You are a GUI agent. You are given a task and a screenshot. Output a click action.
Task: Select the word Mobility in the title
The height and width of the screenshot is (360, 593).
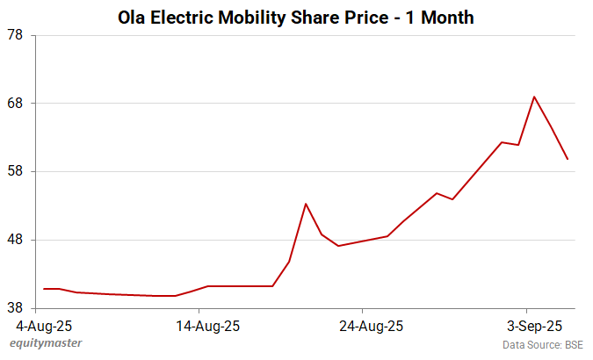click(259, 18)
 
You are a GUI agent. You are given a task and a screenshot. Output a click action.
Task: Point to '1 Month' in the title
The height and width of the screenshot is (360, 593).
click(436, 18)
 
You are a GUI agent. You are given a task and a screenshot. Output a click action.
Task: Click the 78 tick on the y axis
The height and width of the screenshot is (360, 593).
click(15, 35)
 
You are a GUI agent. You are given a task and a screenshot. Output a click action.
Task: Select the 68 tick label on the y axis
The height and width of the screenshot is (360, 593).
click(15, 104)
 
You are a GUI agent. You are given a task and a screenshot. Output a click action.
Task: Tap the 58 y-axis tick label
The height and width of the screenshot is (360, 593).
click(15, 171)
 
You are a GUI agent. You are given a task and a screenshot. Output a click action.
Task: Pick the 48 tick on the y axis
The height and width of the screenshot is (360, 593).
click(15, 240)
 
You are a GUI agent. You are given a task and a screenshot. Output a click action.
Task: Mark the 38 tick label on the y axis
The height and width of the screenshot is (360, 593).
click(15, 308)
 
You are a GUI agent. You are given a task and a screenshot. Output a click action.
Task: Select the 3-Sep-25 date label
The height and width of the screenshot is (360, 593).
click(527, 326)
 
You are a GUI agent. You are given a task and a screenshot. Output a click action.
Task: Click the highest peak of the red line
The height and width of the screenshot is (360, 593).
click(534, 97)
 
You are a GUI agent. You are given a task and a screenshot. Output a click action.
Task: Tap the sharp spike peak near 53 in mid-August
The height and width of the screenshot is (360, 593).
click(305, 204)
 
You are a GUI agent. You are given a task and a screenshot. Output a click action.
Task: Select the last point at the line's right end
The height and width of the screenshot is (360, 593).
click(568, 159)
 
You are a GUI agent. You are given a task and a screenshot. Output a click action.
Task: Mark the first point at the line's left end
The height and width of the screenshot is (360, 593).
click(44, 289)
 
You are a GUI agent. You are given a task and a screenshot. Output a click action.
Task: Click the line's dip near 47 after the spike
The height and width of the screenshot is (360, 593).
click(338, 246)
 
